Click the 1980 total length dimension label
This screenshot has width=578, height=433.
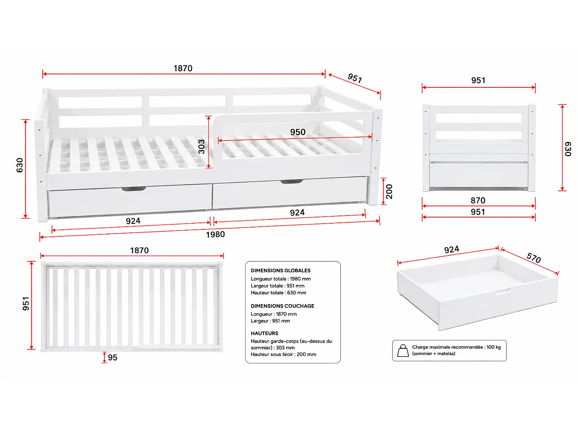(215, 234)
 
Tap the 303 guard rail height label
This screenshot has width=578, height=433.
(202, 147)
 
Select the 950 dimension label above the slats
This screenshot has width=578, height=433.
(297, 132)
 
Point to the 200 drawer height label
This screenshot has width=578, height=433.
(389, 191)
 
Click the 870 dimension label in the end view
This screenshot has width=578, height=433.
(478, 201)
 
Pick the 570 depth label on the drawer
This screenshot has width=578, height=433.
(534, 257)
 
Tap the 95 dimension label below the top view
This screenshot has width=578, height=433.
(113, 358)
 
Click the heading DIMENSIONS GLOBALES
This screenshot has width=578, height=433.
(281, 271)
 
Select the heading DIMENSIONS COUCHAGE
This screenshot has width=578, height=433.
(282, 306)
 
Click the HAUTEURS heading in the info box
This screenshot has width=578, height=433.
(264, 333)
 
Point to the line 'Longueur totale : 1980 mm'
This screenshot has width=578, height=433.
(281, 279)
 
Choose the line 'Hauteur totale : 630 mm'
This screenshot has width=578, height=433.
(278, 293)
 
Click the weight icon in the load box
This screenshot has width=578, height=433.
(403, 351)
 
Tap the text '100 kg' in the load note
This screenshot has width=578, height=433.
(494, 347)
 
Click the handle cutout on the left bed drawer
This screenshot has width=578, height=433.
(134, 189)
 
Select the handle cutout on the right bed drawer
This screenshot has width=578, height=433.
(291, 182)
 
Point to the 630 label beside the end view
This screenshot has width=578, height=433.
(568, 149)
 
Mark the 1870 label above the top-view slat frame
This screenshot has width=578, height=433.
(139, 251)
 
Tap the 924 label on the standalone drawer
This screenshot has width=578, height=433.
(452, 249)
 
